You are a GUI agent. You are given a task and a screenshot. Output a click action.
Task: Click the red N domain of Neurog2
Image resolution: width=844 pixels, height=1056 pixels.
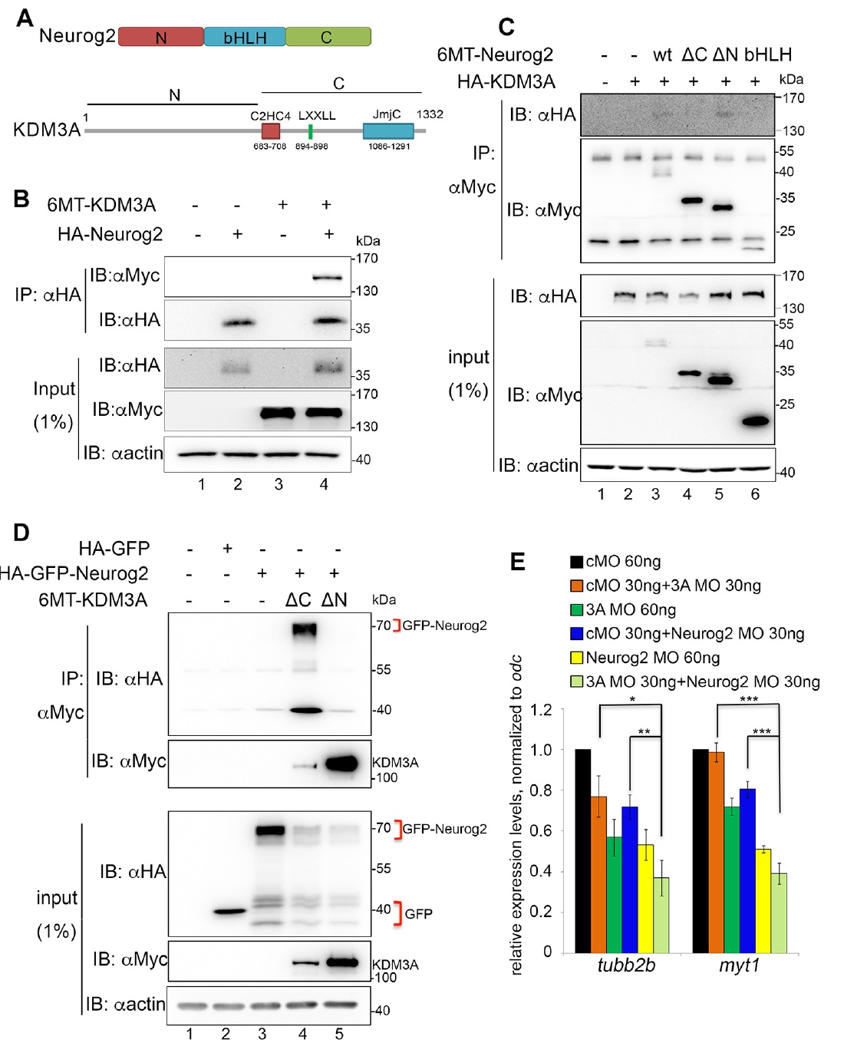[x=161, y=37]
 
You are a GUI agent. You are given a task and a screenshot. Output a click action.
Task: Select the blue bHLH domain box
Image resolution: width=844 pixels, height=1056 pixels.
[x=245, y=37]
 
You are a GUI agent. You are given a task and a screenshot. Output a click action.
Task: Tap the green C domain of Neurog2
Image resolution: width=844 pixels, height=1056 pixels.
[x=328, y=37]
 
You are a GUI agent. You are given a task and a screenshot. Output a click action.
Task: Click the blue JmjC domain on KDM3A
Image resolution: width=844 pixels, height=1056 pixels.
[x=388, y=130]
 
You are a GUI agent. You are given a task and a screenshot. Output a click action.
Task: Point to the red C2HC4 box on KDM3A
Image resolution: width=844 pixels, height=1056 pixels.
[x=270, y=130]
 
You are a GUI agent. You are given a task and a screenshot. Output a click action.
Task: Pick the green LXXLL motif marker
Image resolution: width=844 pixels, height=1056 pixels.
[x=311, y=131]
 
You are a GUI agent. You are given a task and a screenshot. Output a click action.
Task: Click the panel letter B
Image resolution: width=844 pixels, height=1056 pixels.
[x=21, y=199]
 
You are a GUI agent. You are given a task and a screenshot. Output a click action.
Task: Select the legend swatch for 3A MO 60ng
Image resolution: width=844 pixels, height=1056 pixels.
[x=577, y=610]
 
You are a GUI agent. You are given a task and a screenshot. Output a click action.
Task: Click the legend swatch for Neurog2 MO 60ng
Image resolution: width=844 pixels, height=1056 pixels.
[x=577, y=658]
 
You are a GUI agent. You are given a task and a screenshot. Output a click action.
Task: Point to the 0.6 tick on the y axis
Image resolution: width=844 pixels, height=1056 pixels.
[x=542, y=831]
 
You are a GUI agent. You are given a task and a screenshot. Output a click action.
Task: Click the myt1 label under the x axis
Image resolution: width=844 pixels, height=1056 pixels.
[x=739, y=965]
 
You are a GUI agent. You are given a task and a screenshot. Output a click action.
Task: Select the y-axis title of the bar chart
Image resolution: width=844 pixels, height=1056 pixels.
[x=516, y=814]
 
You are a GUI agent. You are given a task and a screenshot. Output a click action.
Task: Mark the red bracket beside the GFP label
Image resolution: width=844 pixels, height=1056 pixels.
[x=397, y=913]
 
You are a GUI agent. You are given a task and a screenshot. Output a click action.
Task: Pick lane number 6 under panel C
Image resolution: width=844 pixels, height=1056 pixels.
[x=755, y=494]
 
